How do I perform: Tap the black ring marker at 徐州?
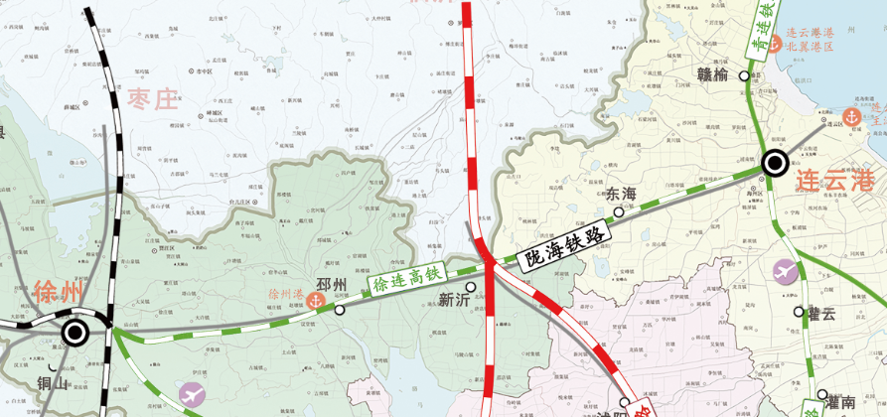[x=74, y=333]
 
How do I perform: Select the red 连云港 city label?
[x=834, y=180]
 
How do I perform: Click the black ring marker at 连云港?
[x=775, y=163]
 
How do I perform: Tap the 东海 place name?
[x=620, y=194]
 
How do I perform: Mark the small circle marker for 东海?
[x=619, y=211]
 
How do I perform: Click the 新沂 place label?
[x=454, y=300]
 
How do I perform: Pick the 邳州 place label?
[x=331, y=286]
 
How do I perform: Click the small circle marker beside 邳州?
[x=340, y=310]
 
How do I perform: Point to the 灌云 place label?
[x=820, y=313]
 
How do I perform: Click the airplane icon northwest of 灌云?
[x=785, y=272]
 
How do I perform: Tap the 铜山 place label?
[x=53, y=382]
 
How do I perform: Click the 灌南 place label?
[x=840, y=402]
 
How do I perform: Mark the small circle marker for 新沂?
[x=471, y=287]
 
